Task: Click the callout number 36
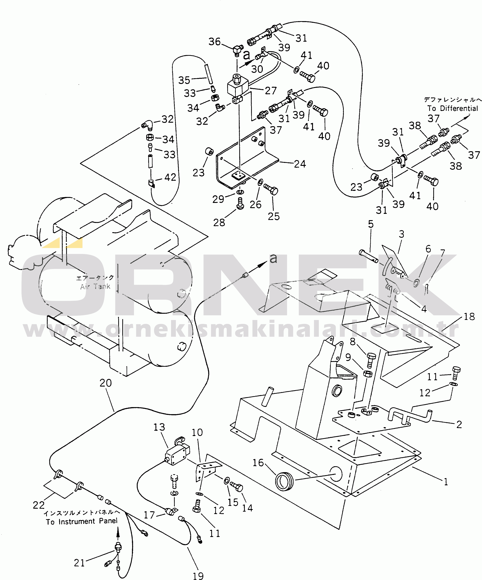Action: point(214,42)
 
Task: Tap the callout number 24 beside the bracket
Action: point(300,164)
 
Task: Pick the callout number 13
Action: point(159,427)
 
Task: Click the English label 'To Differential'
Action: point(453,109)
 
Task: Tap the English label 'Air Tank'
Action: point(95,287)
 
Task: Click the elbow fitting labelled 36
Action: point(236,50)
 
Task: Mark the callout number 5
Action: point(371,224)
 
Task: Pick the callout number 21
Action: point(79,563)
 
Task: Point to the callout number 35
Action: point(184,80)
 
